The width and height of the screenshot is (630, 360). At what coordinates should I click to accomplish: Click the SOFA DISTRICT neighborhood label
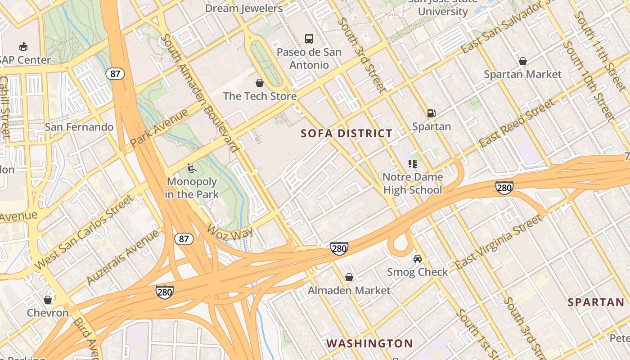[346, 133]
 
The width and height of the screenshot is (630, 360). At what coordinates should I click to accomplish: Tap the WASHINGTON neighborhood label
[369, 343]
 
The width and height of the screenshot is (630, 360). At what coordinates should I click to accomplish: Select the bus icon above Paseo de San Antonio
[309, 39]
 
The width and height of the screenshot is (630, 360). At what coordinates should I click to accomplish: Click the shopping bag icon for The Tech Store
[260, 83]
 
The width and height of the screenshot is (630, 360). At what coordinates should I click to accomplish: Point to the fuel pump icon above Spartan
[431, 113]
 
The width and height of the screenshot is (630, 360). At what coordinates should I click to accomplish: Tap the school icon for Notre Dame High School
[412, 164]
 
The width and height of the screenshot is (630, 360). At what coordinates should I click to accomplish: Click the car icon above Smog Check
[418, 259]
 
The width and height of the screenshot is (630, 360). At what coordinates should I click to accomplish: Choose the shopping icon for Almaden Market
[349, 277]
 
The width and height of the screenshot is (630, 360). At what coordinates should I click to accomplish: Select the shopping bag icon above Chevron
[48, 300]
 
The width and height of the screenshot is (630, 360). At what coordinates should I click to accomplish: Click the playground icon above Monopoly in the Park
[191, 169]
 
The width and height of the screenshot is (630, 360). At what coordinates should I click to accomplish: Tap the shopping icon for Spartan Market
[522, 61]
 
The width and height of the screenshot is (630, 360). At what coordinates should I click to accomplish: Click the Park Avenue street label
[159, 128]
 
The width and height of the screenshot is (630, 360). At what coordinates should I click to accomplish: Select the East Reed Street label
[517, 124]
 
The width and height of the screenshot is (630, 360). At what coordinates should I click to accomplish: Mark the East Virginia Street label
[499, 242]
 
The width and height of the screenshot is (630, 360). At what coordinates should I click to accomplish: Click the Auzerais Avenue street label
[122, 257]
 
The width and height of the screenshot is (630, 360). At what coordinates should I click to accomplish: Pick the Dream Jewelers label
[244, 8]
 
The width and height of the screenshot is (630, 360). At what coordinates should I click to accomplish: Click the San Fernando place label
[79, 127]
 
